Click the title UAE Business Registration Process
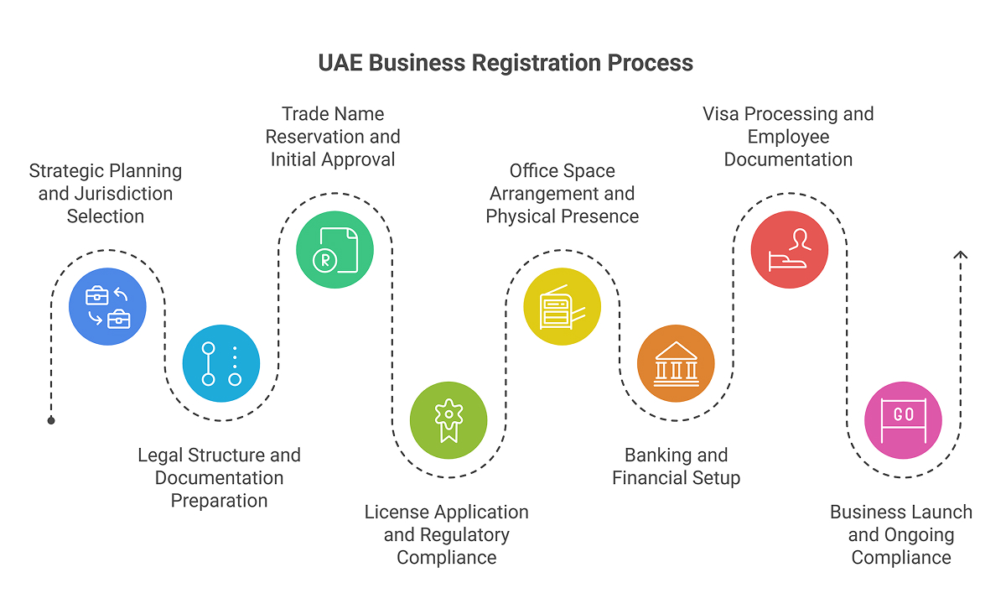[506, 63]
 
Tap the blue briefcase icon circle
[107, 306]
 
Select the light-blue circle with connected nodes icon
[221, 363]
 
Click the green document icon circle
[335, 250]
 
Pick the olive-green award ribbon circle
[449, 420]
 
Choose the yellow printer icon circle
[563, 306]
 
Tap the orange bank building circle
[676, 363]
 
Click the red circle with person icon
[790, 250]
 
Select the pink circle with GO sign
[903, 420]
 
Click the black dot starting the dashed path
[51, 420]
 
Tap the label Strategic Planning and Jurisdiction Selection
[106, 193]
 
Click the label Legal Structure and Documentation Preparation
[220, 477]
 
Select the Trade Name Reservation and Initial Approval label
[333, 136]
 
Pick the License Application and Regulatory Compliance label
[447, 534]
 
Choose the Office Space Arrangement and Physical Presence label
[563, 193]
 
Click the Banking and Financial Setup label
[676, 466]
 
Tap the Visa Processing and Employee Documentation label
[788, 136]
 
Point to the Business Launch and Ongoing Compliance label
[901, 534]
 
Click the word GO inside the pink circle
[904, 415]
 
